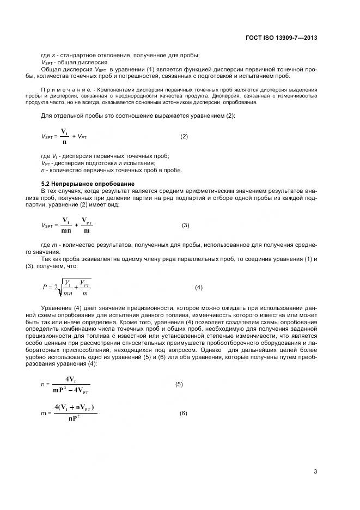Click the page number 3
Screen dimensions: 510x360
point(315,472)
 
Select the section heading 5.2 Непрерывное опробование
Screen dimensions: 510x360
point(87,183)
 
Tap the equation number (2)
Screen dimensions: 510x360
point(184,136)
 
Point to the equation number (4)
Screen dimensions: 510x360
point(199,287)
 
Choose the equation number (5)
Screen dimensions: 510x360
point(179,384)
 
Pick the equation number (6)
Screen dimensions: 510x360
point(184,413)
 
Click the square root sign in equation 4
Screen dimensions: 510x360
point(60,288)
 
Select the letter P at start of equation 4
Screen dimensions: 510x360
point(45,287)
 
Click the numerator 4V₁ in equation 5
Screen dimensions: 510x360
point(71,379)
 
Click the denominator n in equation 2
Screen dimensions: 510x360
point(64,142)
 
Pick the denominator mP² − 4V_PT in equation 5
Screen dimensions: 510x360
point(71,391)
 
